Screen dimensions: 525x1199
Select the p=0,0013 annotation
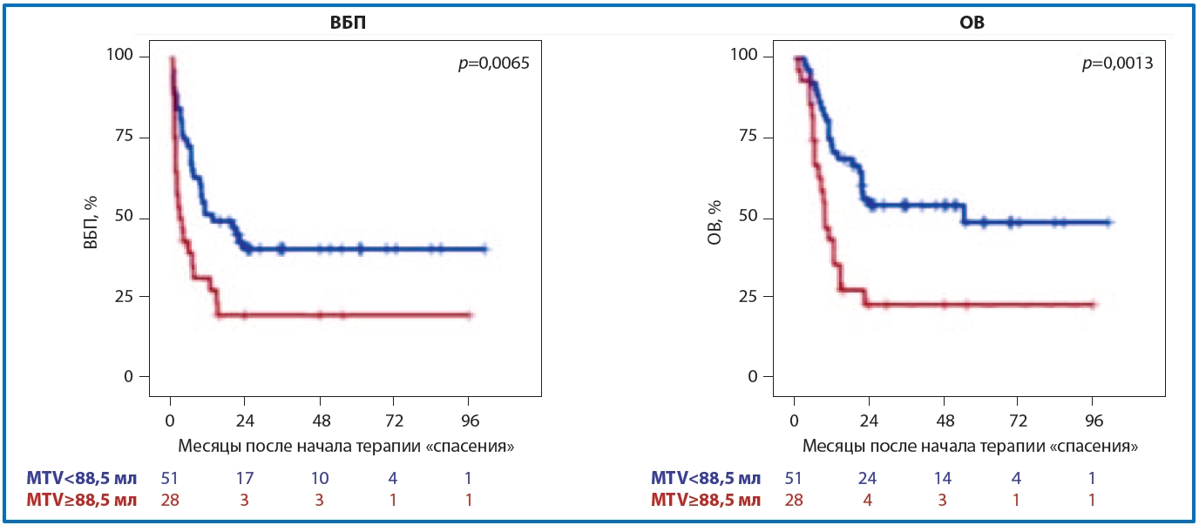point(1116,64)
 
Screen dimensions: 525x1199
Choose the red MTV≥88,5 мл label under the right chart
point(706,501)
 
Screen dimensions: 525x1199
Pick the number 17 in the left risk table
point(245,478)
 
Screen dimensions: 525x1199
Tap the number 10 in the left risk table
point(320,478)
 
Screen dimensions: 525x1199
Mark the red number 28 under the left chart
point(170,501)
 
